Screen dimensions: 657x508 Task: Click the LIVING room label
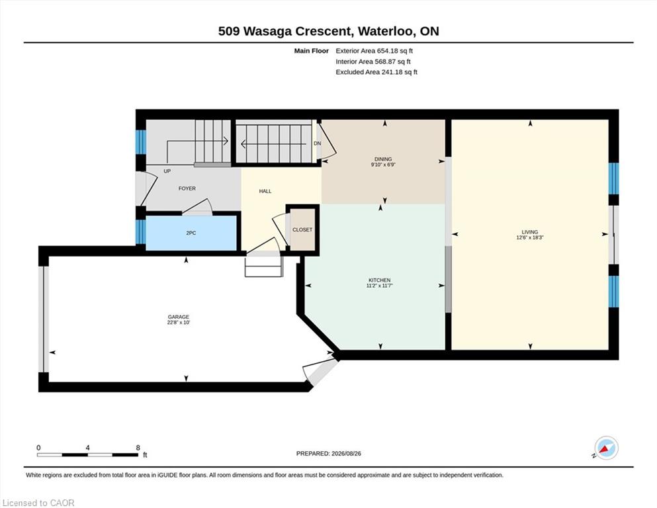529,232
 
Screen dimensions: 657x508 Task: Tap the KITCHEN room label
380,280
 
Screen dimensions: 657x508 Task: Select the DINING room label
383,159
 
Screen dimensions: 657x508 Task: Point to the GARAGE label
179,317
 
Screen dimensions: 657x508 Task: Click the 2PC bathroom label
191,233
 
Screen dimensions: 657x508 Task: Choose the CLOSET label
302,230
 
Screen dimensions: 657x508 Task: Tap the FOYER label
187,189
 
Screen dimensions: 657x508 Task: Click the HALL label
265,191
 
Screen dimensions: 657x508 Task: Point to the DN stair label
317,144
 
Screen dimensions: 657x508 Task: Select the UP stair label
167,171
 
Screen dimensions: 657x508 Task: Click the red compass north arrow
604,449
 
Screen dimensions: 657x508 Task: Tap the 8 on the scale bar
138,448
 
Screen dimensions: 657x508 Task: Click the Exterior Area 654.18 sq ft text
374,51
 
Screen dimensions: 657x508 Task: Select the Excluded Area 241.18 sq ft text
376,72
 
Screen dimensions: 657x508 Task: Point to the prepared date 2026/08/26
346,454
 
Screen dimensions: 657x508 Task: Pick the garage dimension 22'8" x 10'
179,323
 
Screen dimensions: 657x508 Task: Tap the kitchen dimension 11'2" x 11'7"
380,286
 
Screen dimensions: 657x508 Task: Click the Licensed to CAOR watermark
38,503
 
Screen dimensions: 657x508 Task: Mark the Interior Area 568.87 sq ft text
373,62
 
